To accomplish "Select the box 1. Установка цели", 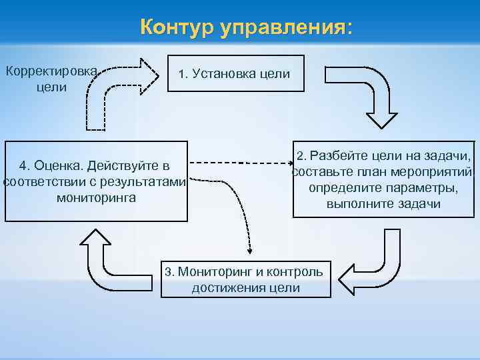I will (235, 73).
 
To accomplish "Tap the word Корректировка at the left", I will (51, 71).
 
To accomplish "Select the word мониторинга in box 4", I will (96, 197).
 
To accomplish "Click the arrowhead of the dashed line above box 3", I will (251, 251).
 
